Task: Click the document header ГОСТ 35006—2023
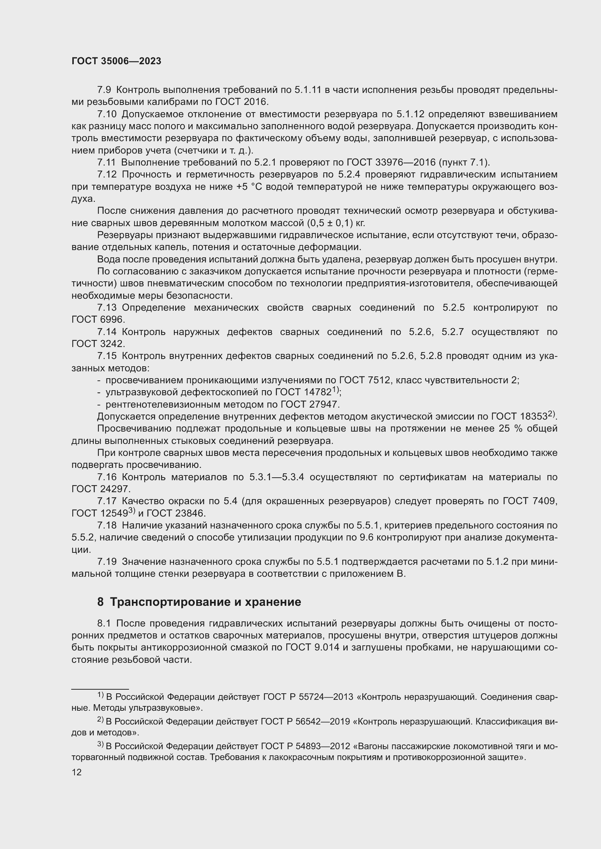(x=116, y=61)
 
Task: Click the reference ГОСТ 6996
(x=98, y=320)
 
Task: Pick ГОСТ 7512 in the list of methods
(x=365, y=380)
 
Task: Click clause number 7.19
(x=106, y=562)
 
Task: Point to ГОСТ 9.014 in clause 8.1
(x=312, y=648)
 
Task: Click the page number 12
(x=77, y=772)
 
